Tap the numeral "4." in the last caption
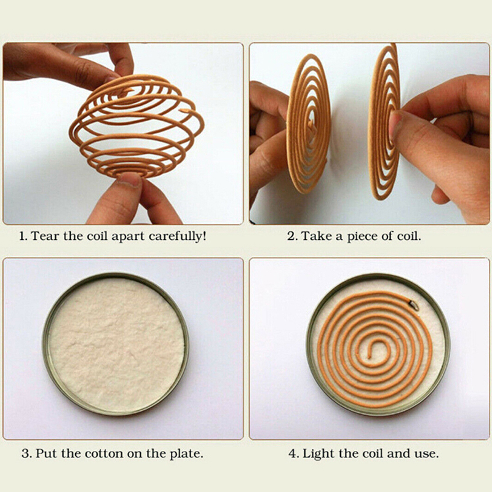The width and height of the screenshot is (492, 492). click(293, 454)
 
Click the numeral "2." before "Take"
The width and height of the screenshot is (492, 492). click(292, 236)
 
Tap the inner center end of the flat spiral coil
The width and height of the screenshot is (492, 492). click(370, 357)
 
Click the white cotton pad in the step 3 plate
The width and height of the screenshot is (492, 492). click(116, 344)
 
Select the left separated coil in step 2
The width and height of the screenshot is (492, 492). click(309, 124)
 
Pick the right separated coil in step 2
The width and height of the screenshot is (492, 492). click(384, 122)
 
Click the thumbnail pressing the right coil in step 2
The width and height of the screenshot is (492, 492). click(395, 125)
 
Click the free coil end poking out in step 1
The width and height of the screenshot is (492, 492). click(185, 111)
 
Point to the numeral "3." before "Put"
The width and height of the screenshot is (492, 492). click(26, 454)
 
